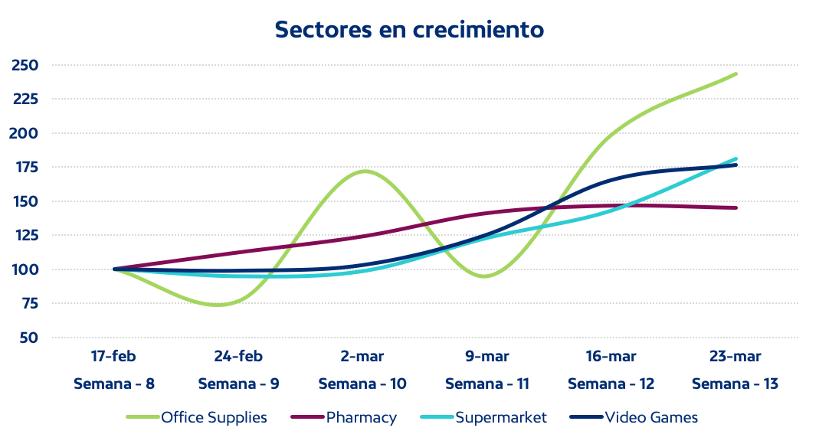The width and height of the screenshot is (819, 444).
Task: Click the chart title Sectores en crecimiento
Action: pyautogui.click(x=409, y=29)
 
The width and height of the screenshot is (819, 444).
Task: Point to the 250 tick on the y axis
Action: pyautogui.click(x=25, y=65)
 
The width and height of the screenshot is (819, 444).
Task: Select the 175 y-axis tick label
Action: pyautogui.click(x=25, y=168)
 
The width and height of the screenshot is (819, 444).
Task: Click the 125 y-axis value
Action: pyautogui.click(x=25, y=236)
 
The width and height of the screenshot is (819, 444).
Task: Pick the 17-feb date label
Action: pyautogui.click(x=113, y=357)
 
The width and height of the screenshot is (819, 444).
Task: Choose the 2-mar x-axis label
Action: pyautogui.click(x=362, y=357)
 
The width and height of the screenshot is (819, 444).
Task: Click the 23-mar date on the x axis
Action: pyautogui.click(x=735, y=357)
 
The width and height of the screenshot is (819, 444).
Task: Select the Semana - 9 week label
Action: pyautogui.click(x=238, y=384)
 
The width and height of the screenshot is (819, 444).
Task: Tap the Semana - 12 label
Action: pyautogui.click(x=611, y=384)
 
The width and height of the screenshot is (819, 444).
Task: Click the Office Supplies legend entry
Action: pyautogui.click(x=214, y=417)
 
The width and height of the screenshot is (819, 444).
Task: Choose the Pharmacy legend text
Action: pyautogui.click(x=361, y=417)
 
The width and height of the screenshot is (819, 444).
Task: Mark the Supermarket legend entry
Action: pyautogui.click(x=501, y=417)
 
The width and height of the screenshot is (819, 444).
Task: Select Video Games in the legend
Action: pyautogui.click(x=651, y=417)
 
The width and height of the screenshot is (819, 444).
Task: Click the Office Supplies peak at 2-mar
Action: pyautogui.click(x=363, y=171)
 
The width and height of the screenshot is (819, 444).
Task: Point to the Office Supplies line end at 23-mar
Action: pyautogui.click(x=735, y=74)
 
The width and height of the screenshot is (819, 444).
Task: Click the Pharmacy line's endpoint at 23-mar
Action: pyautogui.click(x=735, y=207)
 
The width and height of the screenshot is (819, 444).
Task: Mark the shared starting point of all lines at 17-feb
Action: pyautogui.click(x=114, y=269)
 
